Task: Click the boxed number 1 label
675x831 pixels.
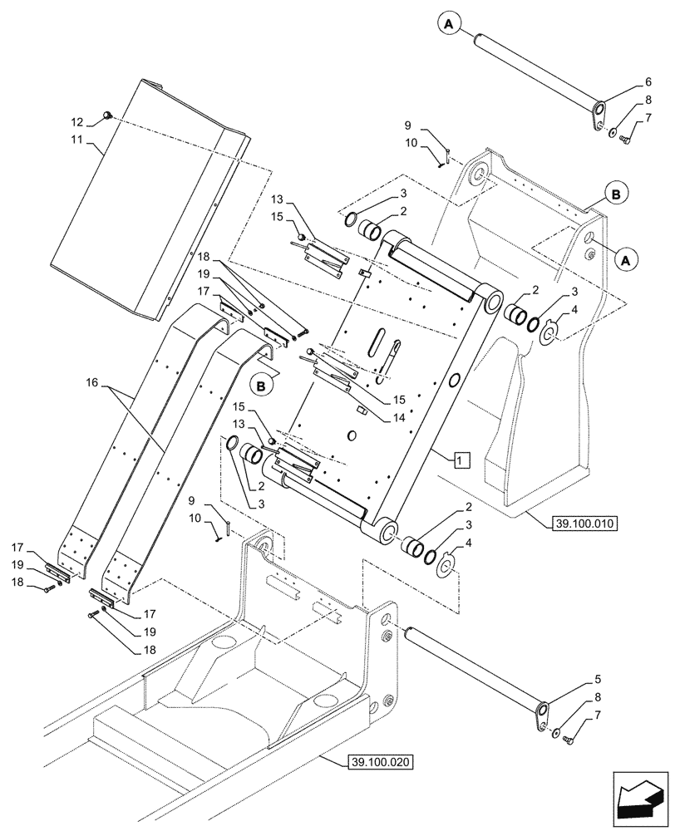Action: (462, 458)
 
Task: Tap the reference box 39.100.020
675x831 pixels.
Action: (377, 761)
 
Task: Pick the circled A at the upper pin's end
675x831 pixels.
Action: (447, 26)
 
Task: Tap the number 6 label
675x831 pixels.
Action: (624, 82)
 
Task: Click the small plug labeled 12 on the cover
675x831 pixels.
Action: (108, 115)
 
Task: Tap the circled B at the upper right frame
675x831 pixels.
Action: (615, 194)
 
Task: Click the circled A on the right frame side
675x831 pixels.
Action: (626, 259)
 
